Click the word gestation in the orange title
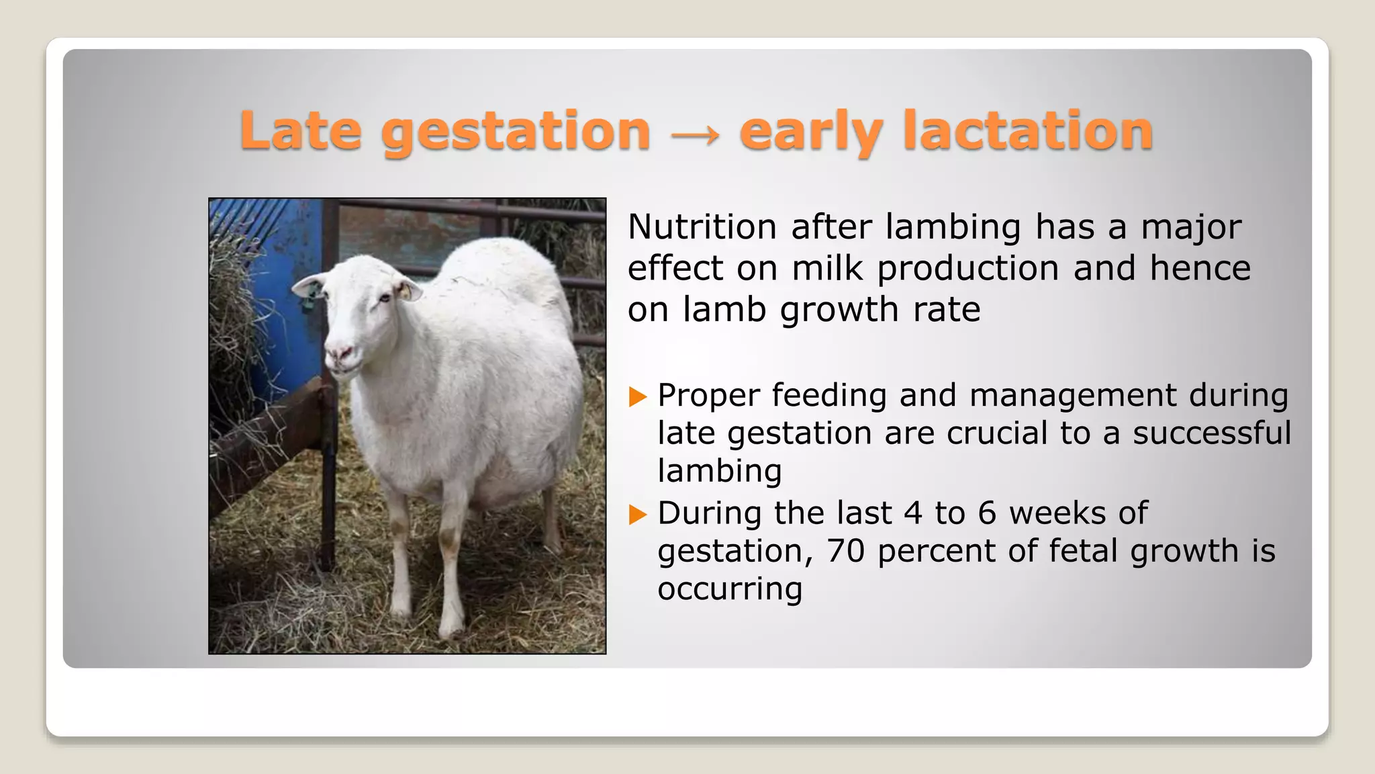click(x=516, y=132)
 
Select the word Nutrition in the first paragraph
click(x=702, y=227)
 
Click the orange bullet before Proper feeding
click(x=637, y=396)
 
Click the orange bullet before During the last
click(x=637, y=515)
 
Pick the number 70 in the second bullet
click(x=845, y=551)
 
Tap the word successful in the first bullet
click(x=1212, y=433)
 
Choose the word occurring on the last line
click(x=730, y=589)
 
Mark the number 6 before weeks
click(x=986, y=513)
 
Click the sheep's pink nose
click(x=340, y=352)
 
